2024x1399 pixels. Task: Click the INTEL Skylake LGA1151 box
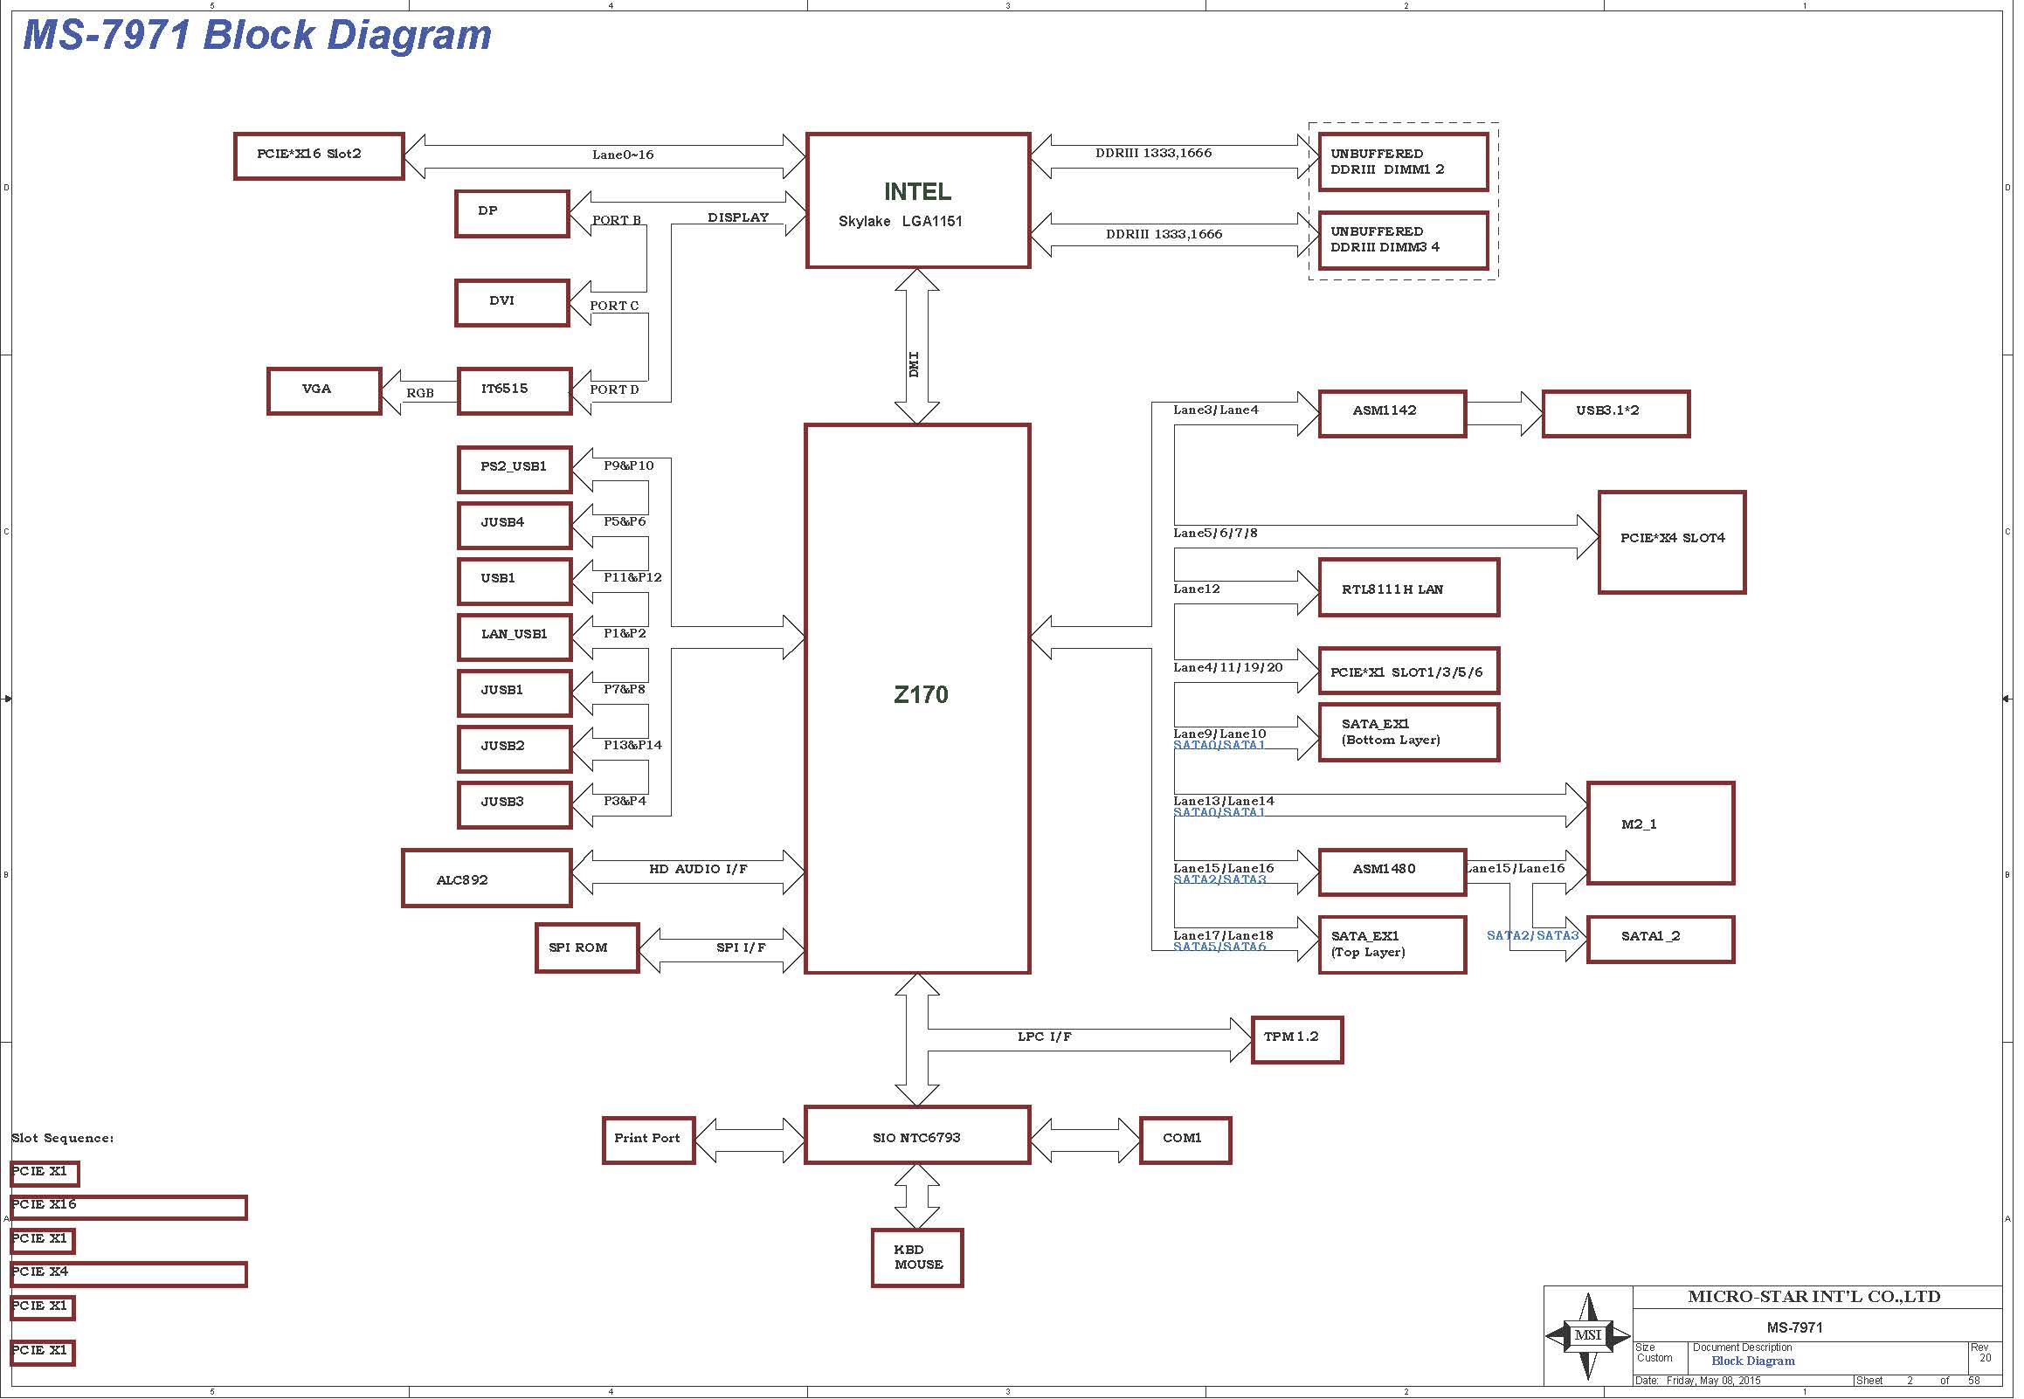(918, 201)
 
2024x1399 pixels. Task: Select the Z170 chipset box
(918, 699)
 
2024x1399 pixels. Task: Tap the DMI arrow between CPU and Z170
(917, 346)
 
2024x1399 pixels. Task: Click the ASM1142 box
(1392, 413)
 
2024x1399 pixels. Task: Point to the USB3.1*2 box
(1615, 413)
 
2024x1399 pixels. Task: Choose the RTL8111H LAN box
(1409, 588)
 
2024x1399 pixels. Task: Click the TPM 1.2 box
(1297, 1039)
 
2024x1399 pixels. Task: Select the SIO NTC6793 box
(918, 1135)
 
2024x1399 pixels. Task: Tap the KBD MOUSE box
(917, 1258)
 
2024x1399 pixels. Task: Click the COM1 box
(1185, 1141)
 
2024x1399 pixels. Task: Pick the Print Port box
(649, 1141)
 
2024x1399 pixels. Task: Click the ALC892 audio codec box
(487, 878)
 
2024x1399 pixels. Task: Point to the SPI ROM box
(587, 948)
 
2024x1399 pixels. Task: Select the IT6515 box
(515, 391)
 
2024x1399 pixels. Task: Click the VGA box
(324, 391)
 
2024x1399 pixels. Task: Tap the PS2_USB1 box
(515, 470)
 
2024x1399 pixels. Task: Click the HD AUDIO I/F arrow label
(698, 869)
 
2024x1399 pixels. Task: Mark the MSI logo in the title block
(1587, 1335)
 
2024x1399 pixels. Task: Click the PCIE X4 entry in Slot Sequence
(129, 1273)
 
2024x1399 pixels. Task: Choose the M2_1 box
(1661, 833)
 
